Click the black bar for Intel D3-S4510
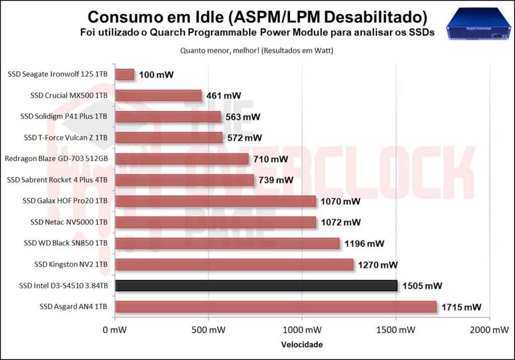click(x=256, y=286)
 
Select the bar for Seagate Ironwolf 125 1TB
click(x=125, y=74)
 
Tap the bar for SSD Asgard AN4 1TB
click(x=276, y=307)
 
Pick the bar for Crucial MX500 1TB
click(x=158, y=96)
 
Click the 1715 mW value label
click(x=461, y=307)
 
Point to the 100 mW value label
click(x=156, y=75)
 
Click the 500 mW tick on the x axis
click(x=208, y=330)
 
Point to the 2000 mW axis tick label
click(x=489, y=330)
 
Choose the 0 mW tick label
click(x=115, y=330)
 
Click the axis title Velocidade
click(x=302, y=344)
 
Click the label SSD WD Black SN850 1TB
click(x=66, y=243)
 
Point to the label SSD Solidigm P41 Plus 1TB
click(x=64, y=116)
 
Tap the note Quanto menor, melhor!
click(x=219, y=51)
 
